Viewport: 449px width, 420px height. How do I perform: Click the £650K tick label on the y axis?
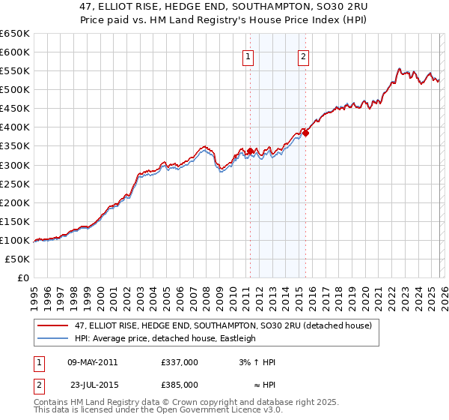coord(15,34)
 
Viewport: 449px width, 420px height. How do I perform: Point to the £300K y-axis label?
coord(15,165)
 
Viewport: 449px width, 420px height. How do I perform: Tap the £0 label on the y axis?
coord(22,277)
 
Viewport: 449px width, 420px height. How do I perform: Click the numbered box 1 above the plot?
coord(248,55)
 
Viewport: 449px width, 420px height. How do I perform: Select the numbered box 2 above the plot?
coord(304,55)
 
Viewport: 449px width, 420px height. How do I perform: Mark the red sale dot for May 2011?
coord(250,151)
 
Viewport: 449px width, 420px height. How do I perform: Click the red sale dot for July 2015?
coord(305,133)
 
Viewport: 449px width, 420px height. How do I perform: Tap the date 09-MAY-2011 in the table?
coord(93,362)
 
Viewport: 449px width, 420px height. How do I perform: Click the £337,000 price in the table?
coord(180,362)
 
